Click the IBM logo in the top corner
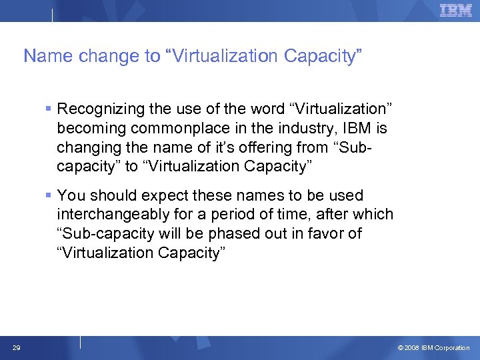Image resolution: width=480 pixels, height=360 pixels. pos(456,10)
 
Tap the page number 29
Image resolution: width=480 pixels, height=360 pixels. pos(15,347)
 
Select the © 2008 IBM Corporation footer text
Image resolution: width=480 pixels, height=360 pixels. pos(433,348)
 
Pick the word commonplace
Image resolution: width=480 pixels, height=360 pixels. pos(163,127)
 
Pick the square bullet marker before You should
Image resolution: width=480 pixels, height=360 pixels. pos(49,195)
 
